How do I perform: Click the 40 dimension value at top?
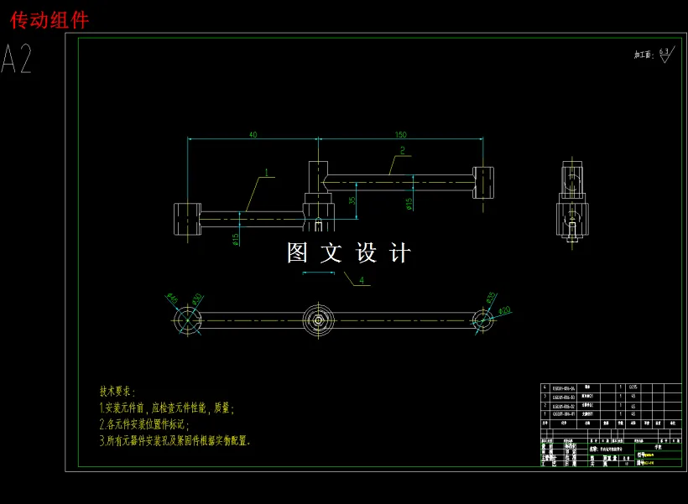(x=253, y=134)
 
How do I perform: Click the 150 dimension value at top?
(x=400, y=134)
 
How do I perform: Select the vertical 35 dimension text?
(x=352, y=199)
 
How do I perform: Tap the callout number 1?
(x=266, y=173)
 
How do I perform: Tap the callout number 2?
(x=402, y=151)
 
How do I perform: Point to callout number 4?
(x=362, y=279)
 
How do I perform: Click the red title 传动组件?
(x=50, y=19)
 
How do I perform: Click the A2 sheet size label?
(x=18, y=60)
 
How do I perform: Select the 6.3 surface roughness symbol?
(x=665, y=55)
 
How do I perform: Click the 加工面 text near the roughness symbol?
(x=642, y=55)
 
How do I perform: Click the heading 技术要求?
(x=117, y=392)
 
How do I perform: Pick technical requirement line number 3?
(x=175, y=439)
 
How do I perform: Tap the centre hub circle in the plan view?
(x=319, y=320)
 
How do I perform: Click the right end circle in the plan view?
(x=482, y=320)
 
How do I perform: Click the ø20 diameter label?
(x=504, y=311)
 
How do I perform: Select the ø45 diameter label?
(x=171, y=298)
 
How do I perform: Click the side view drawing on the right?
(x=571, y=201)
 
